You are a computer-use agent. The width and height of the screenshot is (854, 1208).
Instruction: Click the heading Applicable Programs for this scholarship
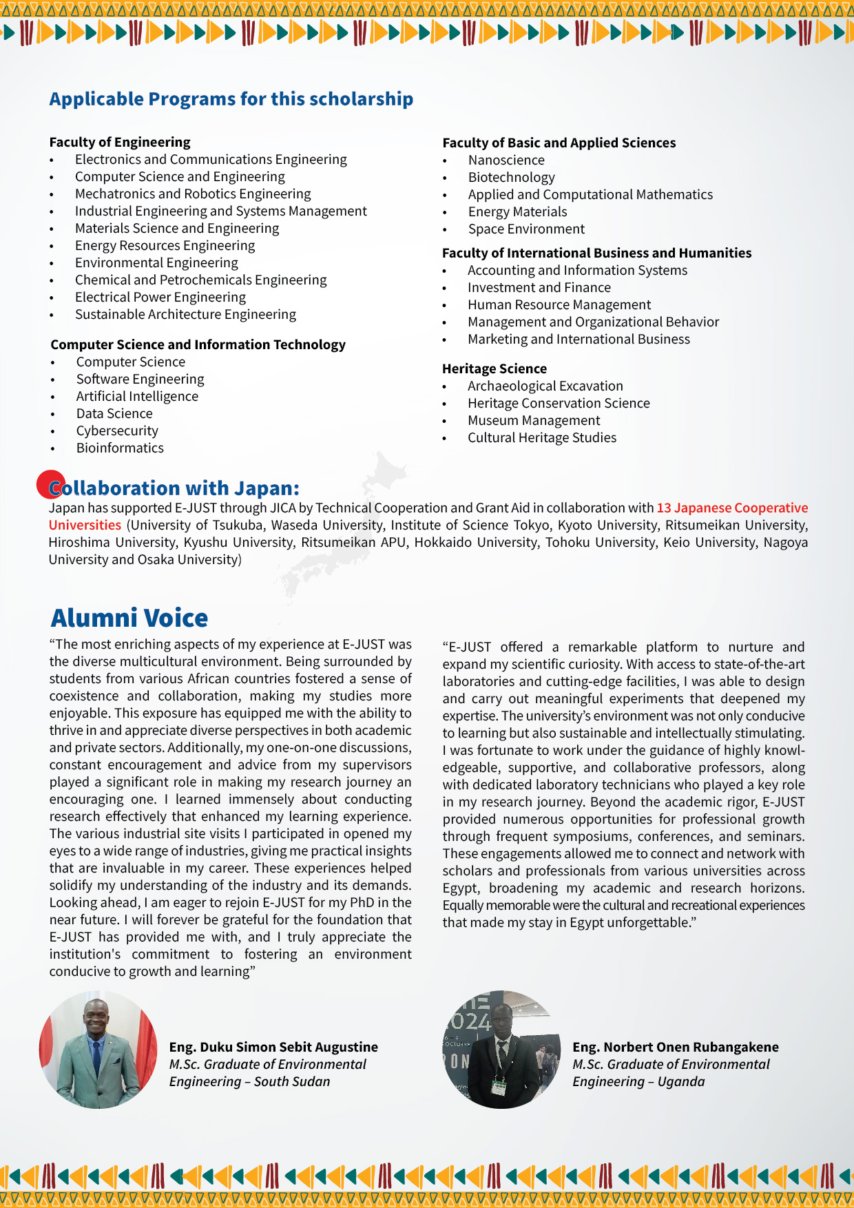click(x=231, y=99)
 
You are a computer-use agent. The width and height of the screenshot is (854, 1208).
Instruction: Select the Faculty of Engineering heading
click(x=120, y=143)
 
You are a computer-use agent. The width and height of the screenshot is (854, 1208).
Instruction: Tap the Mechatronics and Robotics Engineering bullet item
click(x=193, y=194)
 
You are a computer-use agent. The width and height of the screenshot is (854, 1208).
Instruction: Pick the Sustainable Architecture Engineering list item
click(x=185, y=315)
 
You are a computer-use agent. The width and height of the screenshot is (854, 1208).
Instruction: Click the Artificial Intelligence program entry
click(x=137, y=397)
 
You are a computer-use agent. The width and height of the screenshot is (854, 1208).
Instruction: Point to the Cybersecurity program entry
click(x=117, y=431)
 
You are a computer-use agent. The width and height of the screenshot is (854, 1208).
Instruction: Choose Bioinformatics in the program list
click(x=120, y=448)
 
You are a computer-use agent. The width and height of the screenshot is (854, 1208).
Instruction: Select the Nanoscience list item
click(x=506, y=160)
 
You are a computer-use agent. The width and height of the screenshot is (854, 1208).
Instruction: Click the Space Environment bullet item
click(x=526, y=229)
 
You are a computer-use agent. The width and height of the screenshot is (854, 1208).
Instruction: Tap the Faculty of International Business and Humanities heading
click(x=596, y=253)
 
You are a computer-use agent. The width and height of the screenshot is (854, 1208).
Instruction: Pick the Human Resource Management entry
click(x=559, y=305)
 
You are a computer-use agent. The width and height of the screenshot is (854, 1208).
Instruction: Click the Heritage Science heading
click(x=494, y=369)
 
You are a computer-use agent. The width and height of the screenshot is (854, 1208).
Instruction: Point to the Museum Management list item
click(x=534, y=421)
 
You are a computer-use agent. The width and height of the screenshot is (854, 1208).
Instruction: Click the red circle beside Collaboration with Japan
click(x=50, y=484)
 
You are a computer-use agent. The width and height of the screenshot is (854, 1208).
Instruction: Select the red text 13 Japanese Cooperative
click(x=732, y=508)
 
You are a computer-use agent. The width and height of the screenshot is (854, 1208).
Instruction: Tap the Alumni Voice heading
click(x=129, y=618)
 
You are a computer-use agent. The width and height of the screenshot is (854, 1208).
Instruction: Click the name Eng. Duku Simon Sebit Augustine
click(x=273, y=1048)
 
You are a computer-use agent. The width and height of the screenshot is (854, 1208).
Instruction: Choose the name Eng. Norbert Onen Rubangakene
click(x=675, y=1048)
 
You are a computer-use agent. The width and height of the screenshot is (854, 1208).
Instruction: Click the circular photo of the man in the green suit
click(x=98, y=1050)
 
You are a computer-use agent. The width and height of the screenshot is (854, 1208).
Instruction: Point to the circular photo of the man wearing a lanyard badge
click(x=501, y=1050)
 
